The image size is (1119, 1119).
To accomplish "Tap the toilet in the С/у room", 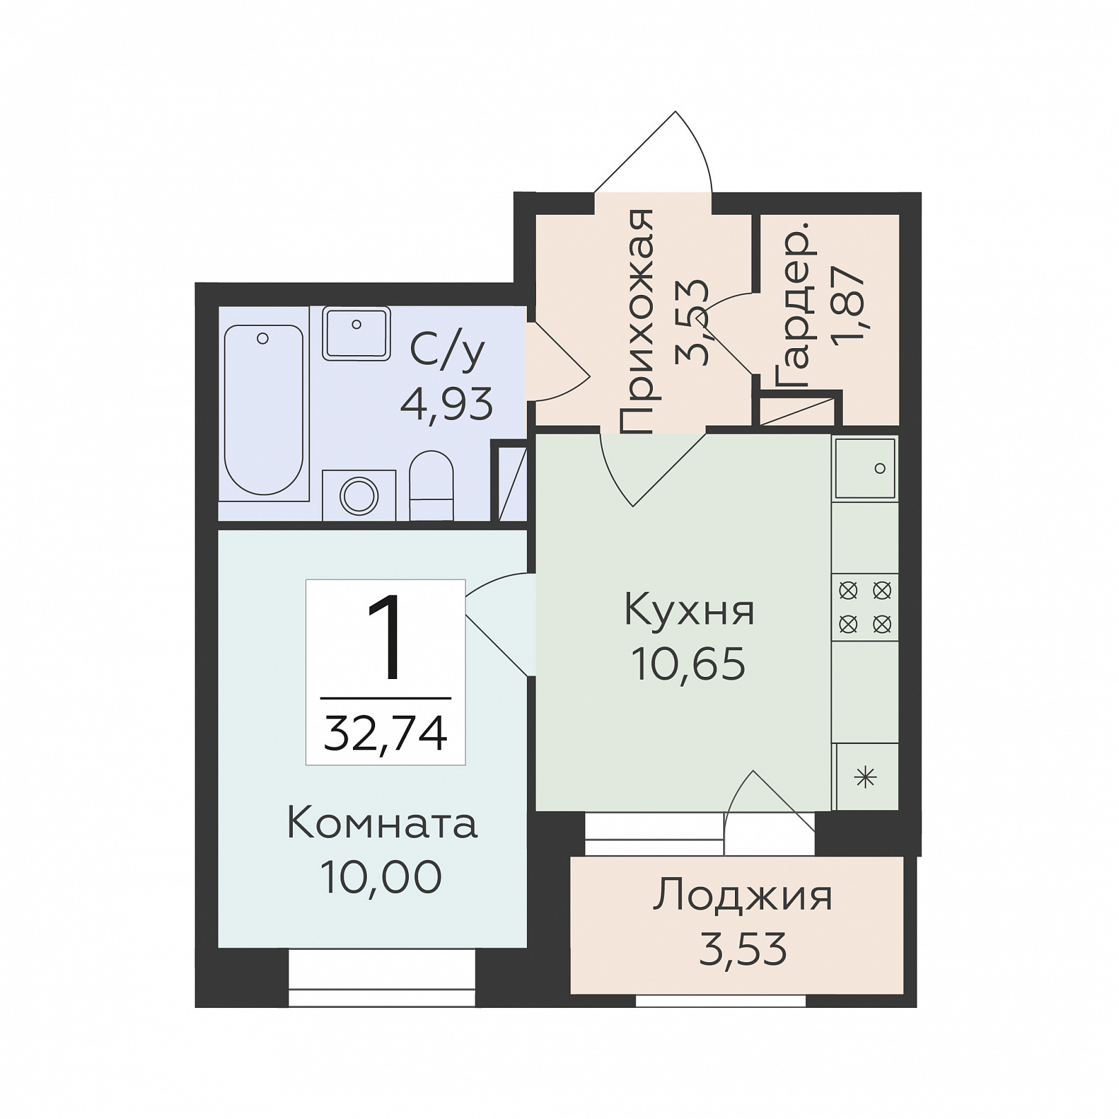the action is click(x=431, y=486).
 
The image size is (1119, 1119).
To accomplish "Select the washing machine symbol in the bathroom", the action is click(x=359, y=495).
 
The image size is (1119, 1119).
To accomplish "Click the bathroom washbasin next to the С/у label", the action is click(x=356, y=334).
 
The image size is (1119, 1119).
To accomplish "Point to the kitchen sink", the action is click(x=865, y=468).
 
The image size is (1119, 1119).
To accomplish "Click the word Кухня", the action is click(x=689, y=611).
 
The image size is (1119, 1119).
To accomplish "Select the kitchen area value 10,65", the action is click(x=689, y=664).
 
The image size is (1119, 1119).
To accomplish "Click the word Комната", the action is click(x=382, y=824).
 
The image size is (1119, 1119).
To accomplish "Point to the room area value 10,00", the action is click(x=381, y=877).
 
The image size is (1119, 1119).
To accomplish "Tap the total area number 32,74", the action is click(x=385, y=733).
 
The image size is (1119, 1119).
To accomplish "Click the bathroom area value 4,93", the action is click(x=447, y=404).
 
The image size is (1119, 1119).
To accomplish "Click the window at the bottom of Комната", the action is click(x=382, y=978).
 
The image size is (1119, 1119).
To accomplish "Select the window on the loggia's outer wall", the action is click(x=720, y=1000).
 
